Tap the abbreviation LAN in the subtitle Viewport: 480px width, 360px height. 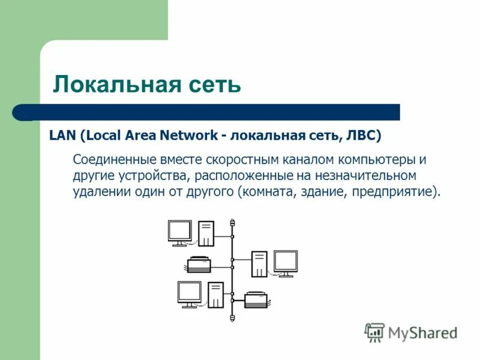61,135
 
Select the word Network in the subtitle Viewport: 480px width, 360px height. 188,135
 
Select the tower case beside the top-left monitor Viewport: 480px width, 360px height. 206,233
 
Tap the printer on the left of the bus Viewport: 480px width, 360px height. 199,264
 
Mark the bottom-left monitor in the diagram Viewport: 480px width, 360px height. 189,294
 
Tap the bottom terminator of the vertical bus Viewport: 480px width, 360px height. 232,317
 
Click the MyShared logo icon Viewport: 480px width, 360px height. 375,332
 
